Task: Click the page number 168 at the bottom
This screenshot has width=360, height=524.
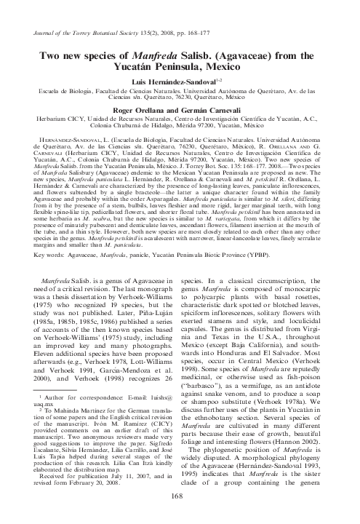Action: click(180, 496)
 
